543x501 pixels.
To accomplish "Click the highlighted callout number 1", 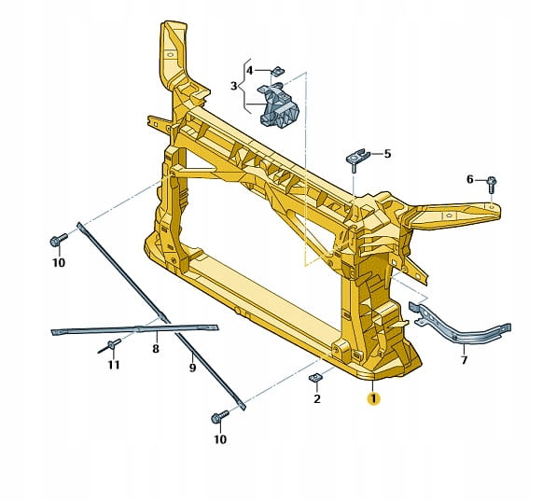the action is click(x=373, y=399).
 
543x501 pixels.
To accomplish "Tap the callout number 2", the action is click(x=317, y=399).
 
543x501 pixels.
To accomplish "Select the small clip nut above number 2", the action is click(x=314, y=378).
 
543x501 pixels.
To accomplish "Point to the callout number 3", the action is click(x=234, y=86).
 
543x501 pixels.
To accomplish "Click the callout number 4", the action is click(x=249, y=71).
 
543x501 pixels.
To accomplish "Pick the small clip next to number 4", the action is click(x=277, y=71).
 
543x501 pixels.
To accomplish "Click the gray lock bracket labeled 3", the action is click(x=279, y=105).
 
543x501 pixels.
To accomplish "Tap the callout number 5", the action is click(x=387, y=153).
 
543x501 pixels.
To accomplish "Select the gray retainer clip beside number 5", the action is click(x=357, y=160).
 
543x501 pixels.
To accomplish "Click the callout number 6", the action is click(x=469, y=179).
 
